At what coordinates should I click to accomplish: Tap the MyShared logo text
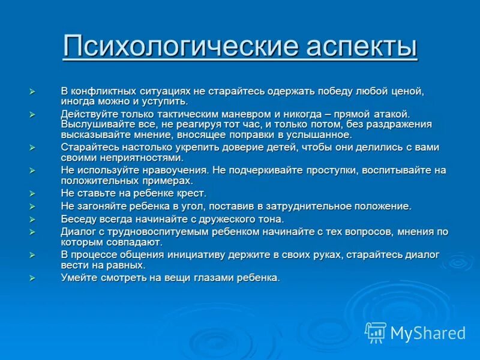(427, 333)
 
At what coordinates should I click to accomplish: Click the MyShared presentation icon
(376, 332)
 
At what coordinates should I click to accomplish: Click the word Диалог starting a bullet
(79, 232)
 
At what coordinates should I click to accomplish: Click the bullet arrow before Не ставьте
(33, 193)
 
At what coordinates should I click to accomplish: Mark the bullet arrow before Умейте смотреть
(33, 278)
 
